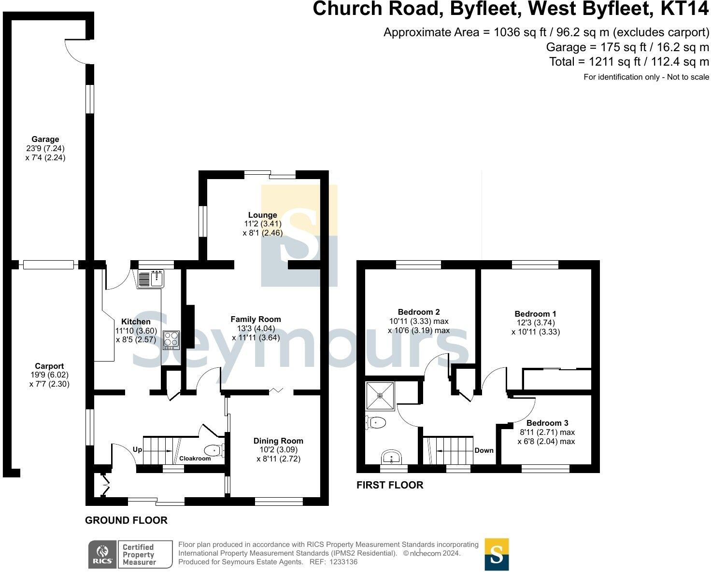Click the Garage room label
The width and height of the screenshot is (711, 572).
pyautogui.click(x=45, y=140)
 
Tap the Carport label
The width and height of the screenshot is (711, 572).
pyautogui.click(x=49, y=366)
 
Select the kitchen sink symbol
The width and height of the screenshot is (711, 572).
pyautogui.click(x=151, y=279)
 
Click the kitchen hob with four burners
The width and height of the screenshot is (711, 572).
pyautogui.click(x=171, y=340)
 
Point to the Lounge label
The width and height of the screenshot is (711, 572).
pyautogui.click(x=262, y=215)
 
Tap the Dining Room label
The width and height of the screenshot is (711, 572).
pyautogui.click(x=278, y=441)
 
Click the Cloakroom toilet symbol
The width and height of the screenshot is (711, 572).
pyautogui.click(x=214, y=451)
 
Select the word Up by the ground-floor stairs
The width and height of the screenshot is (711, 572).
pyautogui.click(x=138, y=449)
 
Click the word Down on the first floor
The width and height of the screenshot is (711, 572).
pyautogui.click(x=483, y=450)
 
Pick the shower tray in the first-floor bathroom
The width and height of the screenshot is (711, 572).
pyautogui.click(x=380, y=395)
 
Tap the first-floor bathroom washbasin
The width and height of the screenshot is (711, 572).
pyautogui.click(x=391, y=456)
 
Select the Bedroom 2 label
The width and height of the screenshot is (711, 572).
pyautogui.click(x=419, y=312)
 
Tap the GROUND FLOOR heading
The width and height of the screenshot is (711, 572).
pyautogui.click(x=126, y=520)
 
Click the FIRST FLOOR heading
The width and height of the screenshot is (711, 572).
pyautogui.click(x=390, y=485)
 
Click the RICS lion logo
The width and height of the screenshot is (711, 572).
pyautogui.click(x=102, y=554)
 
